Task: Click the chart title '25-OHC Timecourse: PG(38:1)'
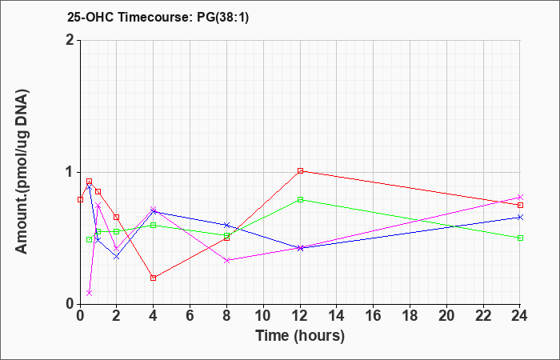pos(158,18)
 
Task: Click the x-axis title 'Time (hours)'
pos(300,336)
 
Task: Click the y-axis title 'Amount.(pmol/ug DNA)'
pos(22,172)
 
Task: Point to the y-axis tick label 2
pos(70,40)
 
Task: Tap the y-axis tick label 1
pos(70,172)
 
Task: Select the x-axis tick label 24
pos(519,316)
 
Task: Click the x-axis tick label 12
pos(300,316)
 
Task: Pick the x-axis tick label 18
pos(410,316)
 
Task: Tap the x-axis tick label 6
pos(190,316)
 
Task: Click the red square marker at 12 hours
pos(300,170)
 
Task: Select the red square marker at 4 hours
pos(154,278)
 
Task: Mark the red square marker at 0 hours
pos(80,200)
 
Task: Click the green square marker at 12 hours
pos(300,200)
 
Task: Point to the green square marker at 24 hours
pos(520,238)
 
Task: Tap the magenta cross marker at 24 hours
pos(520,197)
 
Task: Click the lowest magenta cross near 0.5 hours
pos(90,293)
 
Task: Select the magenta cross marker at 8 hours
pos(226,260)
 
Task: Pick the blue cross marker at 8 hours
pos(226,225)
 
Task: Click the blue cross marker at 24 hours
pos(520,217)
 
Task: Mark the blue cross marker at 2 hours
pos(117,257)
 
